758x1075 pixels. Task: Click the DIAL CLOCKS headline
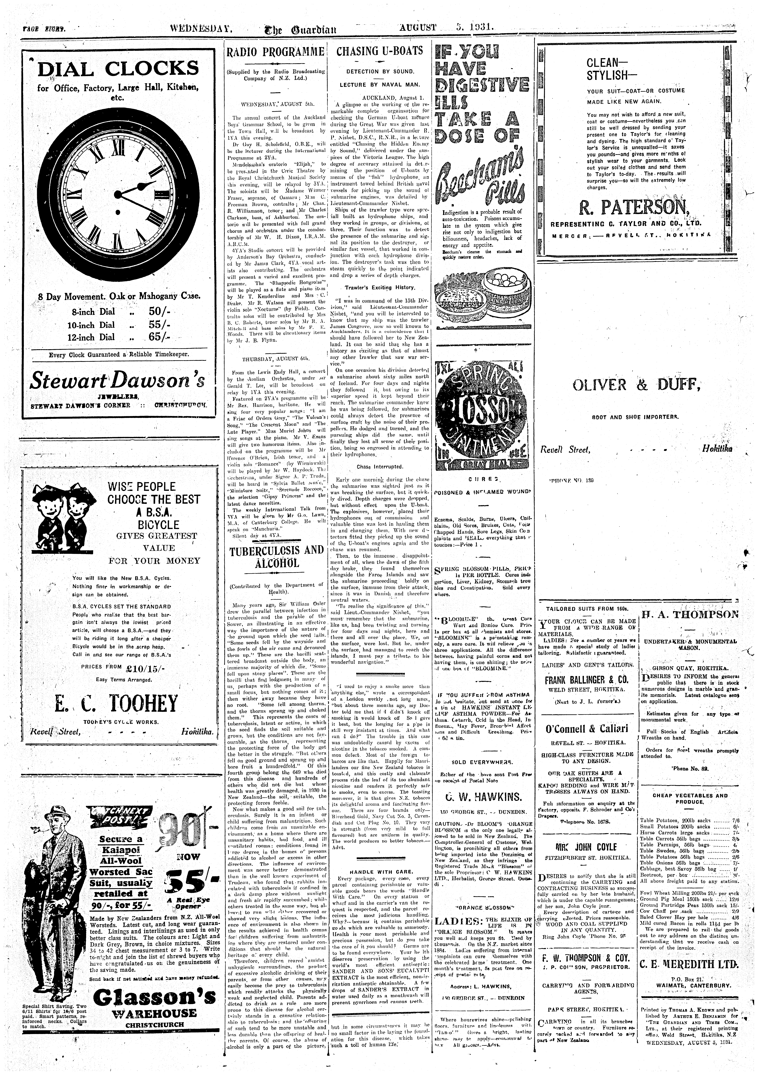(118, 69)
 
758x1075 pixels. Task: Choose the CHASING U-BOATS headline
(379, 51)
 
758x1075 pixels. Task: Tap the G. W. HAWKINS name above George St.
(482, 797)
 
